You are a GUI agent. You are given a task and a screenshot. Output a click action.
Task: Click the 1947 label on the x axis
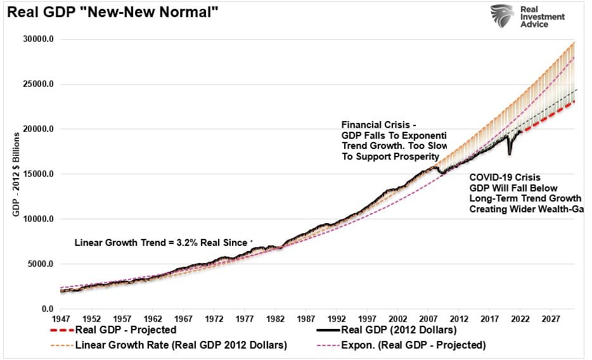(61, 319)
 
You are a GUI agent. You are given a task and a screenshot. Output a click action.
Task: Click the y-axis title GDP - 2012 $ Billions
(16, 174)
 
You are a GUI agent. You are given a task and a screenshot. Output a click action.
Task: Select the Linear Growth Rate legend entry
(181, 345)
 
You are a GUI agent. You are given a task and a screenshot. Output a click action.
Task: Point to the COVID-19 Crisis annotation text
(505, 178)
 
